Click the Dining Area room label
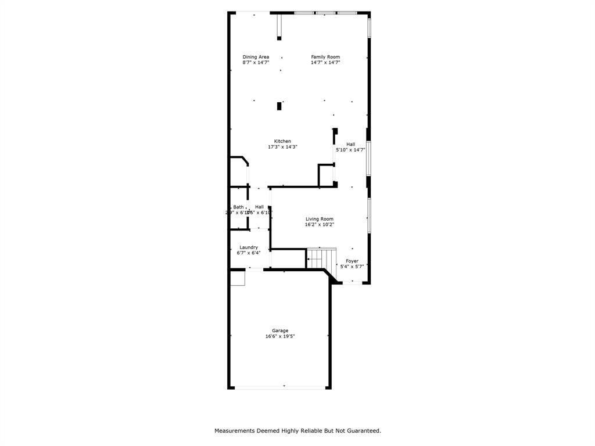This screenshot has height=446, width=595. tap(256, 57)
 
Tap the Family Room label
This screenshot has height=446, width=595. tap(325, 57)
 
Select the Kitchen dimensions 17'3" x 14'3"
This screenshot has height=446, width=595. tap(282, 147)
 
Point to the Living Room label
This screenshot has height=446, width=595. tap(320, 219)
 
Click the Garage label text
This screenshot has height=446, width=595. tap(280, 330)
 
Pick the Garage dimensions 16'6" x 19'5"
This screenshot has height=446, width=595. tap(280, 336)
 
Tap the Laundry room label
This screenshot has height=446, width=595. tap(249, 247)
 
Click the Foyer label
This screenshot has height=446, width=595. tap(352, 261)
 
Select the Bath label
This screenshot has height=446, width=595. tap(238, 207)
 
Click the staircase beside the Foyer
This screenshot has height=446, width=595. tap(321, 258)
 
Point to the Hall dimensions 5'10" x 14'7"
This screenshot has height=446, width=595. tap(350, 150)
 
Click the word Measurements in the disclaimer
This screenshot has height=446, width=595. tap(235, 431)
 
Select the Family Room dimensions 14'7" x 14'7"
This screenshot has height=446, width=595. tap(325, 63)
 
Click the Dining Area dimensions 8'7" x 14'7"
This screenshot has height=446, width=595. tap(256, 63)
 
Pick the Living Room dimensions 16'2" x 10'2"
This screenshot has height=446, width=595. tap(320, 224)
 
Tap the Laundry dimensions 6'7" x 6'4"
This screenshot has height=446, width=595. tap(249, 253)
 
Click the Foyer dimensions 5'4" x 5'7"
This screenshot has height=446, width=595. tap(352, 267)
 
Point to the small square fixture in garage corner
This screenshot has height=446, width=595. tap(238, 279)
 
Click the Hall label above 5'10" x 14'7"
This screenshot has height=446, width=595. tap(350, 144)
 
